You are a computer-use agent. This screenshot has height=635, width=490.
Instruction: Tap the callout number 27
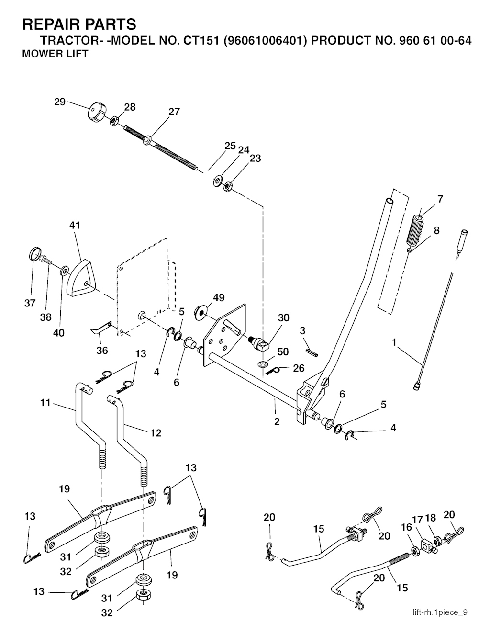pos(174,112)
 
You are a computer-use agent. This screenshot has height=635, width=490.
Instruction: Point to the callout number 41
pos(75,225)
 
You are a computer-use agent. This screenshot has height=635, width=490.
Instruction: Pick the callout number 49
pos(219,298)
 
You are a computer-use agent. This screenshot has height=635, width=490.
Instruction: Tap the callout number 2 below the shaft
pos(277,421)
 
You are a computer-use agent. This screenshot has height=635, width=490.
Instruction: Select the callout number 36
pos(102,350)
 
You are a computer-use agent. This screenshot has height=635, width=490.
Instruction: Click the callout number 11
pos(45,403)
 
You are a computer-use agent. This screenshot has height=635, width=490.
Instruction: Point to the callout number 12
pos(156,433)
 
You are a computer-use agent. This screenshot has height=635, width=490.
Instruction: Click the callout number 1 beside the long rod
pos(394,342)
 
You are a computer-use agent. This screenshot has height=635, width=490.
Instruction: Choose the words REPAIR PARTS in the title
pos(79,24)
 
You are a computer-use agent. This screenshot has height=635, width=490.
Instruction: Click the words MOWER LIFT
pos(55,54)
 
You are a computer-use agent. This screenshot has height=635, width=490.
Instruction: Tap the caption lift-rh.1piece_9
pos(441,612)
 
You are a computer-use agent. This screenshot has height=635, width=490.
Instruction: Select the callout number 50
pos(283,352)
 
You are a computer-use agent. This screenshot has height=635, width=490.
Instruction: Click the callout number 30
pos(284,318)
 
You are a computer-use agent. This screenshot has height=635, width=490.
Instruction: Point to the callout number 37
pos(30,303)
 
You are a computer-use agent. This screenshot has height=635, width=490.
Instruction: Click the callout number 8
pos(436,230)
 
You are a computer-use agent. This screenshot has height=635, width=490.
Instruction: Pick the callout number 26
pos(299,369)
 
